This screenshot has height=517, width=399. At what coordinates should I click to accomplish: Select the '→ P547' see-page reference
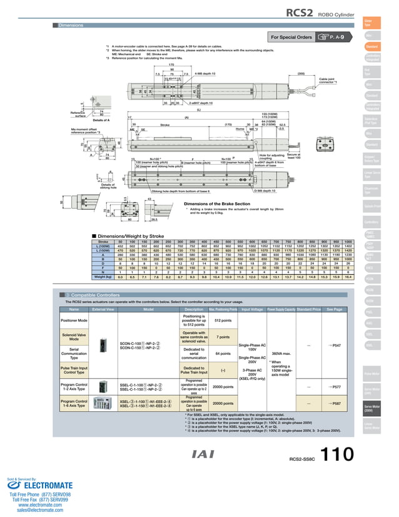tap(334, 345)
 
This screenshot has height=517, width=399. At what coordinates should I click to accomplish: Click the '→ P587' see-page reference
tap(334, 404)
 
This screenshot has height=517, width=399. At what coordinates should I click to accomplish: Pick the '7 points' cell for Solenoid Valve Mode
tap(222, 337)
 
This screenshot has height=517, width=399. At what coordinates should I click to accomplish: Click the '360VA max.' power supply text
tap(281, 354)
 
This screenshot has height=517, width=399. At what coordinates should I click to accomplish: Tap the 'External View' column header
tap(103, 309)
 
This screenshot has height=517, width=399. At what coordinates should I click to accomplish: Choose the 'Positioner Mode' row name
tap(74, 320)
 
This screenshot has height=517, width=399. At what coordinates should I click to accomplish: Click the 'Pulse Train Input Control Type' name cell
tap(74, 371)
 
